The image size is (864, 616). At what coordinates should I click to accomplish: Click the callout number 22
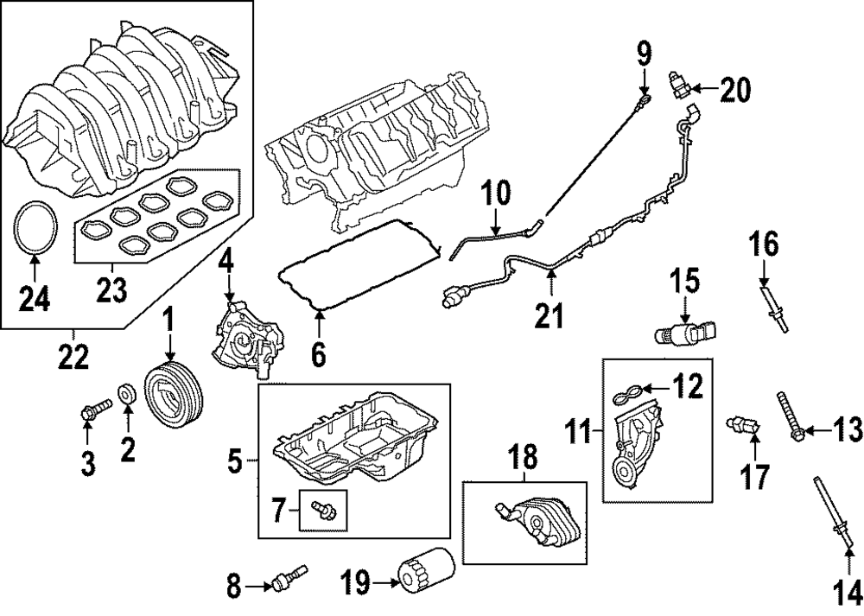pos(73,354)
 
